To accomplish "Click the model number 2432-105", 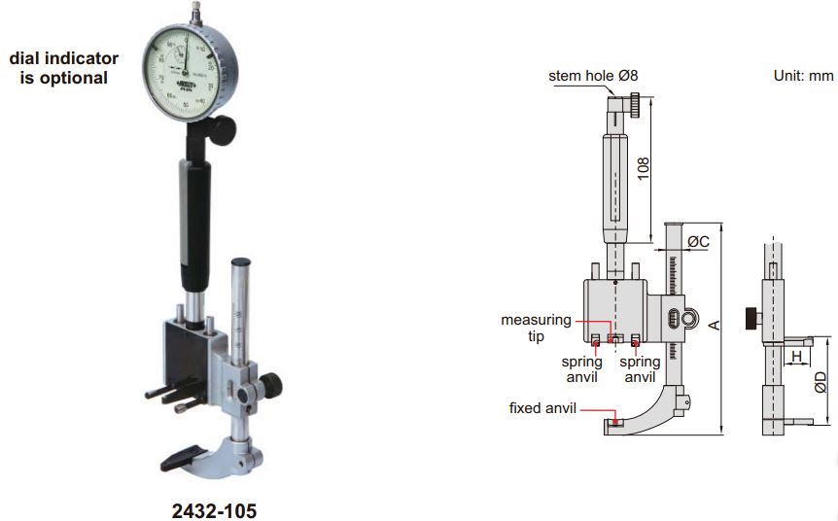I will (216, 509).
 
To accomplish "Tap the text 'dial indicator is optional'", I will (63, 68).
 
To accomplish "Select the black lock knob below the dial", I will (225, 127).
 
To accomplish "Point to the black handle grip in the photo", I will (192, 227).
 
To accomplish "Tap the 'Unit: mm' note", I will (802, 75).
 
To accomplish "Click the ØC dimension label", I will (699, 240).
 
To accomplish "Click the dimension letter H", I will (797, 357).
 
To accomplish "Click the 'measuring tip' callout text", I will (531, 328).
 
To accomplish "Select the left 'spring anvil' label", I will (582, 368).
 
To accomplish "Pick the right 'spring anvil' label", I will (639, 368).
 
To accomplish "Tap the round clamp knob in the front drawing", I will (689, 318).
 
